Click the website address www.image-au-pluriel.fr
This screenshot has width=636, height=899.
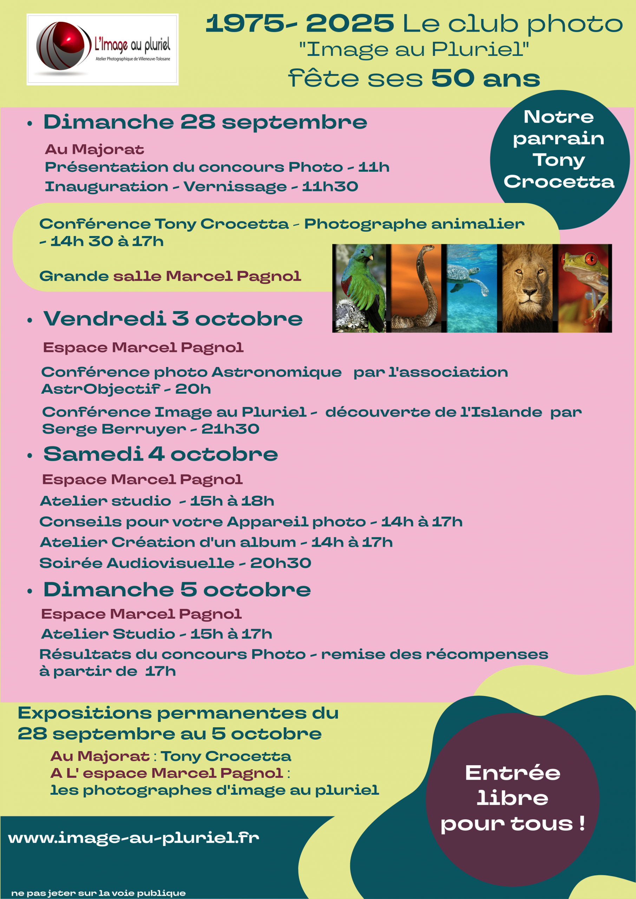click(133, 838)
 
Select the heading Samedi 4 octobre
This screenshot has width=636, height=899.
click(160, 454)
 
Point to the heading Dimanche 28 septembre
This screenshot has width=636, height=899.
click(205, 122)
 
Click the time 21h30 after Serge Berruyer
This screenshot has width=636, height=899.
click(230, 429)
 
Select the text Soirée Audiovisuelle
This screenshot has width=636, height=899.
click(137, 563)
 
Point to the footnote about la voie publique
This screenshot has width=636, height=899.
click(98, 893)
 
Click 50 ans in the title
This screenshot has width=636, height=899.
click(485, 78)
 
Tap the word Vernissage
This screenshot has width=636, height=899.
click(235, 187)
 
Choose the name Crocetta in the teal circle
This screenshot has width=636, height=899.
click(559, 182)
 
